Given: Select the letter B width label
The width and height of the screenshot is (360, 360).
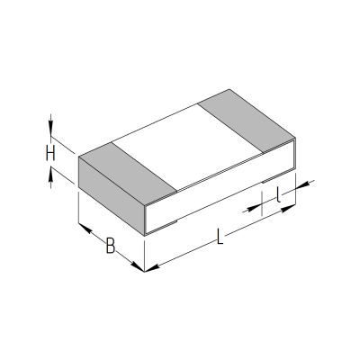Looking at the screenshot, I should tap(111, 245).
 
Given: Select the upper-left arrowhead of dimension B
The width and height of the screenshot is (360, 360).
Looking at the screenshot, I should tap(84, 228).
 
